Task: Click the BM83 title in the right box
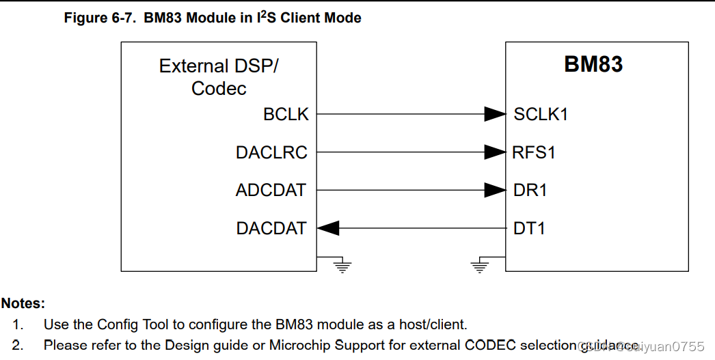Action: [593, 64]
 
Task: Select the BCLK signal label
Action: [286, 115]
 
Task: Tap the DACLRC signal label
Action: [271, 152]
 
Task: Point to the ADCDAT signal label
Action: [271, 190]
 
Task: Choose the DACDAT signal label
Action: [271, 228]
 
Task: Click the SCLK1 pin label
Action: [541, 115]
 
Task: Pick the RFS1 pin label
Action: [534, 152]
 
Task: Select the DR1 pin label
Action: [530, 190]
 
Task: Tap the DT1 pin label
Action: [529, 228]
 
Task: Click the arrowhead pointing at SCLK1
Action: [495, 115]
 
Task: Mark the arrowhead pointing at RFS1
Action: [495, 152]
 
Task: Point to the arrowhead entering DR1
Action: [495, 190]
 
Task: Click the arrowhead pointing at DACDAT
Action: [328, 228]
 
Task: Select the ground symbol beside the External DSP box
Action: [342, 265]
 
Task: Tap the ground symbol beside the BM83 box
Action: [481, 265]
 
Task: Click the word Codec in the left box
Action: [219, 88]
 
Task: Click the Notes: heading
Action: [23, 303]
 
